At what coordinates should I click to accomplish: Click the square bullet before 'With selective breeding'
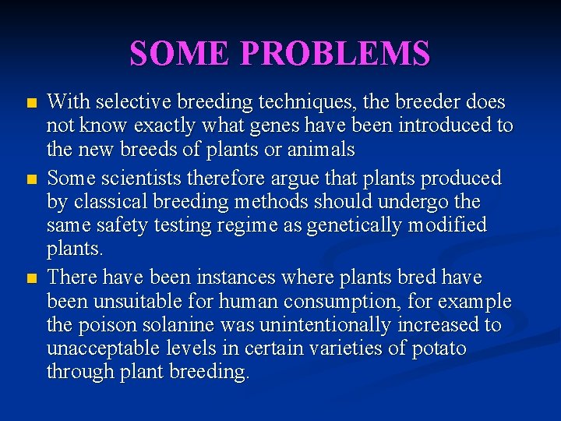(x=30, y=103)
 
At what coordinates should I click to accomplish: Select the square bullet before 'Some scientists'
(x=30, y=179)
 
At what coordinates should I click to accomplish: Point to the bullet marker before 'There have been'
(x=30, y=278)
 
